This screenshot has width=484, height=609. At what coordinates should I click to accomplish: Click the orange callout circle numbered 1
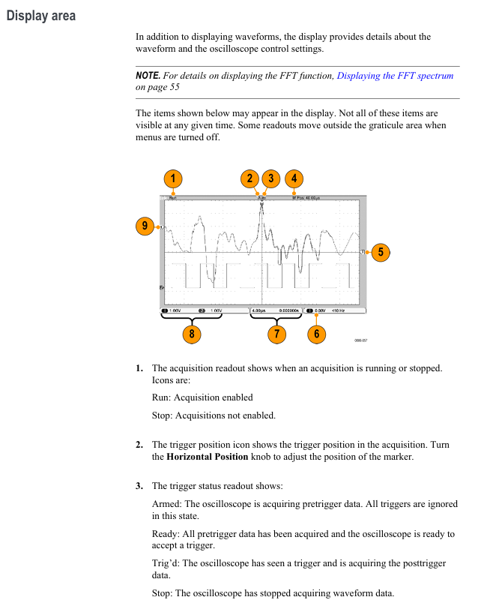click(173, 178)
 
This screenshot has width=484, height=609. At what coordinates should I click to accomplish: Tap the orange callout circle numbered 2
click(250, 178)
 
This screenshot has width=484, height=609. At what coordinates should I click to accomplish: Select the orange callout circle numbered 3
click(271, 178)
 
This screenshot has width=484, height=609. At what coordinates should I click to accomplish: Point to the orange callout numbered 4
click(294, 178)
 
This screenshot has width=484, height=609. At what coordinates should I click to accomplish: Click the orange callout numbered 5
click(381, 252)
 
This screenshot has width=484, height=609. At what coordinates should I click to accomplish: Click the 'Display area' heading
click(40, 16)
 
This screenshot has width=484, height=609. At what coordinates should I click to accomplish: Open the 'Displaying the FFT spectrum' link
click(395, 76)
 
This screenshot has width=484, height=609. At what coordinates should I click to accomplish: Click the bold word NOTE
click(148, 76)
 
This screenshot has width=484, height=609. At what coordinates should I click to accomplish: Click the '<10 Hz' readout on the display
click(338, 310)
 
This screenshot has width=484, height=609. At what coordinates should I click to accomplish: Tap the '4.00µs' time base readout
click(259, 310)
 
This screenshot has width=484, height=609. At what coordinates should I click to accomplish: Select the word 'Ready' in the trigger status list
click(164, 534)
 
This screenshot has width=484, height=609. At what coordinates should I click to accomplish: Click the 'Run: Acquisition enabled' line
click(202, 397)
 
